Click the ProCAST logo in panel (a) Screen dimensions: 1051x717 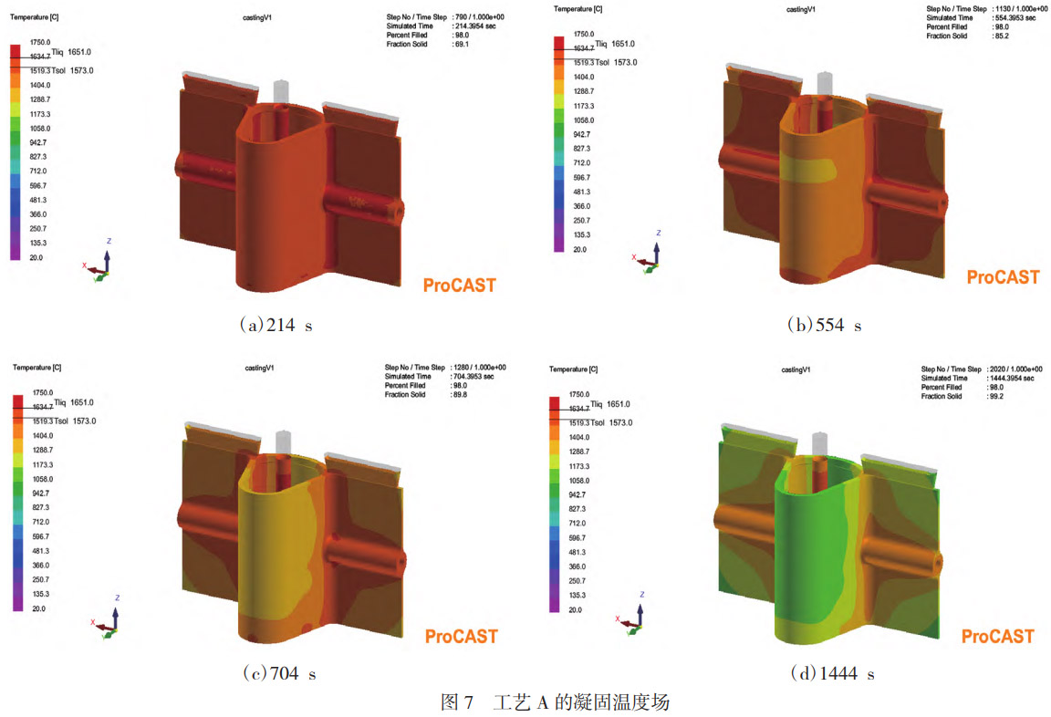click(x=459, y=286)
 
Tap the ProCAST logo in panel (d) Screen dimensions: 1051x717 click(x=997, y=636)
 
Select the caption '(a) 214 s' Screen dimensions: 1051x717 click(x=276, y=326)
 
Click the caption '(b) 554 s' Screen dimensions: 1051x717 click(x=825, y=326)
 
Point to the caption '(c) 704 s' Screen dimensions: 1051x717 click(x=279, y=673)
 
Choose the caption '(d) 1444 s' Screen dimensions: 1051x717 click(x=832, y=673)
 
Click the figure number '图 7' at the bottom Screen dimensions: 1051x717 click(x=457, y=702)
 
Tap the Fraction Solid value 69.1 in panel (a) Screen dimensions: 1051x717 click(x=462, y=44)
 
